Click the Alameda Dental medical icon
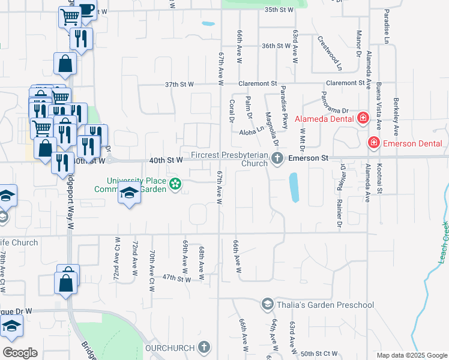[x=363, y=118]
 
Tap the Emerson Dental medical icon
[x=373, y=143]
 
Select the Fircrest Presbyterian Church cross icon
[x=277, y=159]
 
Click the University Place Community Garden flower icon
[x=175, y=184]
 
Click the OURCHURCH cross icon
[x=204, y=347]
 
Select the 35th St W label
[x=279, y=10]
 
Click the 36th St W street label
[x=276, y=46]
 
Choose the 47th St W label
[x=176, y=278]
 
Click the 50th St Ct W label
[x=319, y=353]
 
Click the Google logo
[x=20, y=353]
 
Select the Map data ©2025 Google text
[x=411, y=355]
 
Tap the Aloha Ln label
[x=252, y=131]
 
